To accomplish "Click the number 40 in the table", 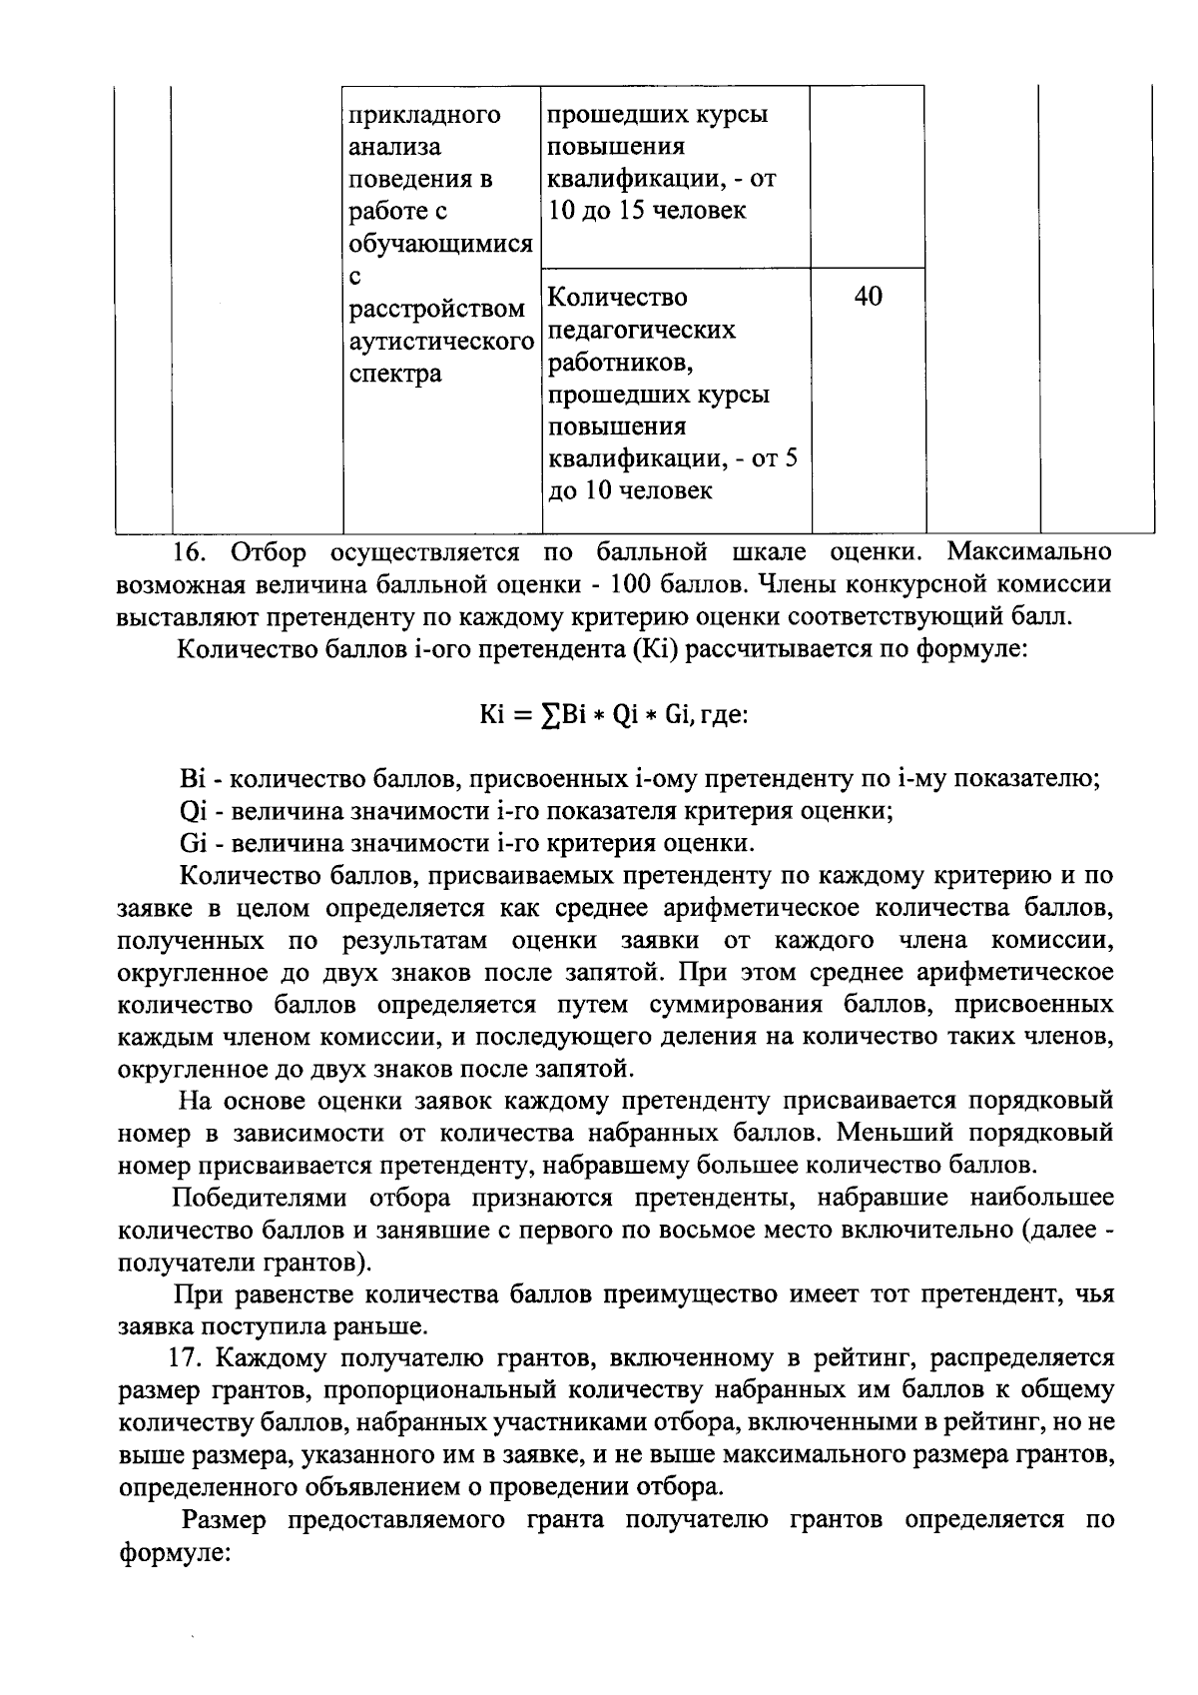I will [869, 297].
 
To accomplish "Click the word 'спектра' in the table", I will [395, 374].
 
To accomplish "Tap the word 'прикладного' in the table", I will [423, 115].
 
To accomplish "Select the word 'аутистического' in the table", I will [440, 342].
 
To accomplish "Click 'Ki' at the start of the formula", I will [492, 715].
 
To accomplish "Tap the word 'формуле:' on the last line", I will [175, 1554].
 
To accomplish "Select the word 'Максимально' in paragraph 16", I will [1028, 551].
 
